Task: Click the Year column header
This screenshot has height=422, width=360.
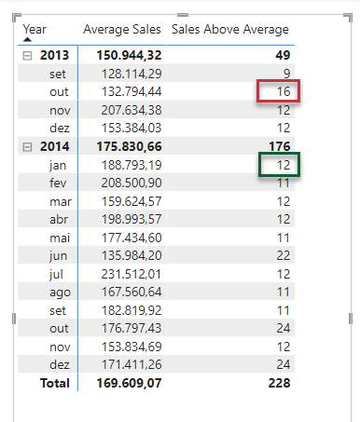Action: click(x=35, y=29)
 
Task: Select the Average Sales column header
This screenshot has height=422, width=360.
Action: click(x=122, y=30)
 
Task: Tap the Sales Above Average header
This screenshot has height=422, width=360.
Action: click(x=230, y=30)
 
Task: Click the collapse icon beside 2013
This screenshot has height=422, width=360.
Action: click(x=27, y=56)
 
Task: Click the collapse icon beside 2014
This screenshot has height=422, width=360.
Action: click(x=27, y=147)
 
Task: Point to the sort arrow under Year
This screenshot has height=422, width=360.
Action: click(x=27, y=39)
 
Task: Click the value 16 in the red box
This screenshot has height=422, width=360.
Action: click(x=284, y=91)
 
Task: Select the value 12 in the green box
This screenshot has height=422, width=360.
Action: click(x=284, y=165)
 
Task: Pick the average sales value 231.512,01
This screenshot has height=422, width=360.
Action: click(x=132, y=274)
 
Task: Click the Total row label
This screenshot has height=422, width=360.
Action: click(x=55, y=383)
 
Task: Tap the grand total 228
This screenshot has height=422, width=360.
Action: click(x=279, y=383)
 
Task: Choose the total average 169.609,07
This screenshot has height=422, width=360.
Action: click(x=129, y=383)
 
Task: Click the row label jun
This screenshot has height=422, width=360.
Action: click(x=58, y=256)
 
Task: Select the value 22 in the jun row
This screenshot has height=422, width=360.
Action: click(x=284, y=255)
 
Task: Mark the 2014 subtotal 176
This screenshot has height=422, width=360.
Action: click(x=280, y=146)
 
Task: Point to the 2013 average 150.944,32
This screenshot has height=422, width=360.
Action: click(x=129, y=55)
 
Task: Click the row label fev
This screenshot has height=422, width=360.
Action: click(x=58, y=183)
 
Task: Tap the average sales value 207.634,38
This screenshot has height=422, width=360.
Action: click(x=132, y=110)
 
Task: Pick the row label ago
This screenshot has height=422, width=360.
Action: click(x=60, y=293)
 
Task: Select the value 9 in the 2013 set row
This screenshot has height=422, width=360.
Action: click(x=286, y=74)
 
